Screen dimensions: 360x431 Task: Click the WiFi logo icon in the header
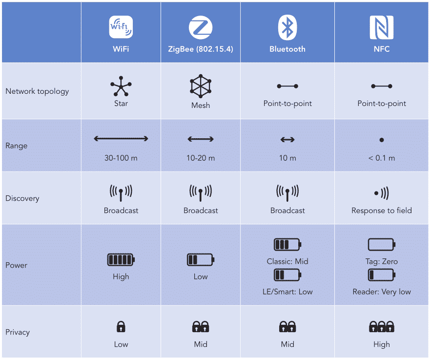point(121,27)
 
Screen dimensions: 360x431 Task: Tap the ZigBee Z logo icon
point(201,27)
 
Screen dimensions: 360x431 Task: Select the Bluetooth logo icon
point(287,27)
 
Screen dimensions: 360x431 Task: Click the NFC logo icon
point(382,27)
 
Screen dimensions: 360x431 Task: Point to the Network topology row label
point(37,91)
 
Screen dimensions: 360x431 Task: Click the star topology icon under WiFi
point(121,86)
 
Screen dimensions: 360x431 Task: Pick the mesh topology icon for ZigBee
point(201,86)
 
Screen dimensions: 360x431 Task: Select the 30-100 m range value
point(121,158)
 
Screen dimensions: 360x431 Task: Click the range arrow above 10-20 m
point(201,140)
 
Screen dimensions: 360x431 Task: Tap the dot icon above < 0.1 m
point(382,140)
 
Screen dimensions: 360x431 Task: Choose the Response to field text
point(382,211)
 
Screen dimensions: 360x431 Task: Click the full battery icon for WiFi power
point(121,260)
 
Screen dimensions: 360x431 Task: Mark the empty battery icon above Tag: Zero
point(381,244)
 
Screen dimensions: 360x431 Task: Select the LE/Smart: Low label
point(287,292)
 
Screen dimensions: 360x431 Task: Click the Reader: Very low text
point(382,292)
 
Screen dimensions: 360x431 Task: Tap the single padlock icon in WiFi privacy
point(121,327)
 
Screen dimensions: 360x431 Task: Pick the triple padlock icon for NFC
point(382,327)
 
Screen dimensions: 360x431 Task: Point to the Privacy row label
point(18,332)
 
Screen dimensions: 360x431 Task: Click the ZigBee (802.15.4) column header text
point(201,49)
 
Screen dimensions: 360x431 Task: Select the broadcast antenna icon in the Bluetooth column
point(287,192)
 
